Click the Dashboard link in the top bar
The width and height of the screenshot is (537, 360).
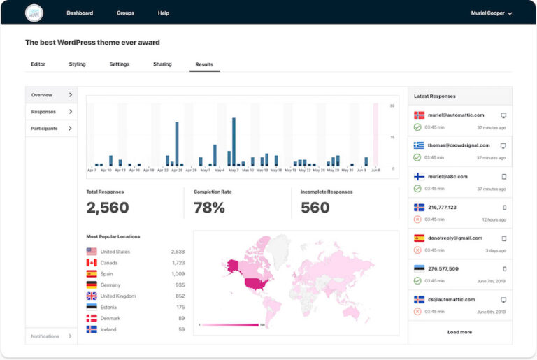(80, 13)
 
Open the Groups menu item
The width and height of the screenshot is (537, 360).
(126, 13)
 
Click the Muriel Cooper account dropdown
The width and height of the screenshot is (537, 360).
(492, 13)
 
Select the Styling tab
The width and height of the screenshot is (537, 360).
(77, 64)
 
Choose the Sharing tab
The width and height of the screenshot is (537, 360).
(162, 64)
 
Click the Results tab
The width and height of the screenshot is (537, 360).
(204, 64)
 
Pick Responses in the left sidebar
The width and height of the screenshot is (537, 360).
(43, 112)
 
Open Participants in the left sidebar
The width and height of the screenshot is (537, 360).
(44, 129)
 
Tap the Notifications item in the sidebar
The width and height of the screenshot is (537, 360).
(45, 336)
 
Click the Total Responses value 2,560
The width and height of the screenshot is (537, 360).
(108, 208)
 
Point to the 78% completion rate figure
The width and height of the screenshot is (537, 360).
(209, 208)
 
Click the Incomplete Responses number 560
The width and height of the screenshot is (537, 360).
(315, 208)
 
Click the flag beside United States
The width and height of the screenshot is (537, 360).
(92, 252)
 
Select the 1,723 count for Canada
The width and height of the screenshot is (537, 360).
(178, 263)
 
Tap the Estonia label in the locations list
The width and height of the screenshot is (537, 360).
(109, 307)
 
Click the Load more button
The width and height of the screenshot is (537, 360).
(459, 332)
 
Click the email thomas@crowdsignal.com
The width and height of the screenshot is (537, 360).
(459, 145)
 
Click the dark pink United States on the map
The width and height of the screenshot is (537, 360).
(255, 284)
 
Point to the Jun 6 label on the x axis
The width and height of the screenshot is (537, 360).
(375, 170)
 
